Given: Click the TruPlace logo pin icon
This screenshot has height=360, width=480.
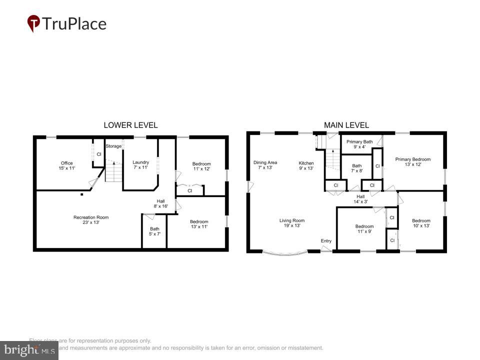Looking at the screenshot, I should pyautogui.click(x=33, y=23).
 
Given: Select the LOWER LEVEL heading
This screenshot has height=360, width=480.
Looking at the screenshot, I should pyautogui.click(x=130, y=125).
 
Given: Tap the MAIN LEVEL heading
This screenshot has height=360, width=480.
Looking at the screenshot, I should pyautogui.click(x=346, y=125).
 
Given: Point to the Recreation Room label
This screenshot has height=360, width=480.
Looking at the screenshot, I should pyautogui.click(x=90, y=220).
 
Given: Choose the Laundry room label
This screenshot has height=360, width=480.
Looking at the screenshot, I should pyautogui.click(x=140, y=165).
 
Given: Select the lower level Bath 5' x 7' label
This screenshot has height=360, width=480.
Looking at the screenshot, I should pyautogui.click(x=154, y=231).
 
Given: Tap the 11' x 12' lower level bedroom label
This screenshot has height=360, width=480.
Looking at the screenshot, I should pyautogui.click(x=201, y=166).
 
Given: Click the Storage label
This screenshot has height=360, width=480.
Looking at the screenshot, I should pyautogui.click(x=113, y=146).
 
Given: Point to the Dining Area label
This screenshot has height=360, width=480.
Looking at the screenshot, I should pyautogui.click(x=265, y=165).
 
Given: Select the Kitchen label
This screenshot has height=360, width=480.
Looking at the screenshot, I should pyautogui.click(x=306, y=165).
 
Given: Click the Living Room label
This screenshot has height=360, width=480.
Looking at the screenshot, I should pyautogui.click(x=291, y=223).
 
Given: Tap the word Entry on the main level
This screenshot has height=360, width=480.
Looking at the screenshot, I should pyautogui.click(x=326, y=241).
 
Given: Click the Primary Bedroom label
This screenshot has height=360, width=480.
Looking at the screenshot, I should pyautogui.click(x=412, y=162).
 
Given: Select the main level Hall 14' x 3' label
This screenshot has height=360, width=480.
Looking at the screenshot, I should pyautogui.click(x=360, y=199).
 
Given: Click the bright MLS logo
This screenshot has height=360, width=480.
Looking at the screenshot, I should pyautogui.click(x=29, y=350).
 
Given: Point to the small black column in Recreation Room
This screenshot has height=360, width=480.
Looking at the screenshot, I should pyautogui.click(x=81, y=194).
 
